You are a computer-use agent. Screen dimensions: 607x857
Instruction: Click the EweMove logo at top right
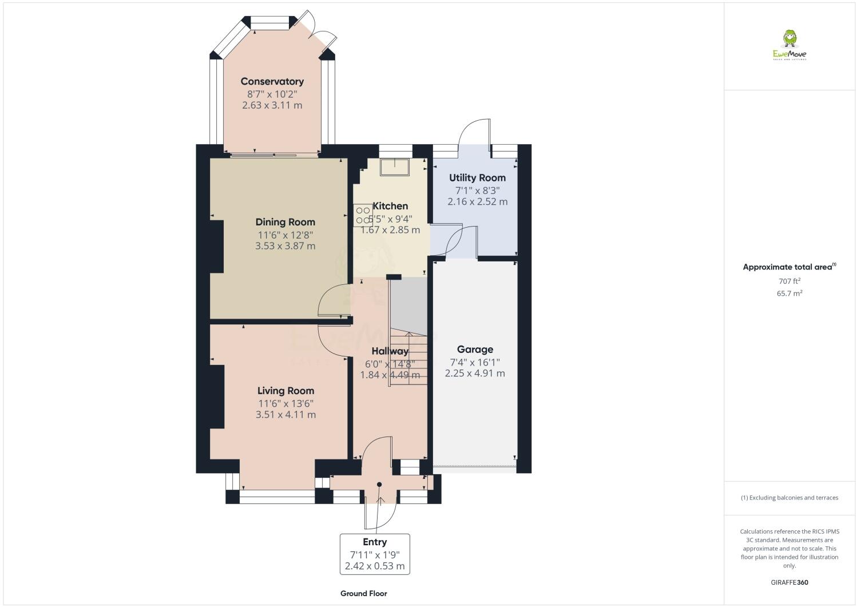789,46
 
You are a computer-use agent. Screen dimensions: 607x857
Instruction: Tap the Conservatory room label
272,81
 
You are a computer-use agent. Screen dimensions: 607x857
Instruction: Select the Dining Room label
285,222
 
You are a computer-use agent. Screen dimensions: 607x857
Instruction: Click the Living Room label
285,391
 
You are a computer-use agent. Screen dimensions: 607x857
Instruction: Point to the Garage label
475,350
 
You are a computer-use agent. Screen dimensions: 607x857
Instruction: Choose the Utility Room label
477,178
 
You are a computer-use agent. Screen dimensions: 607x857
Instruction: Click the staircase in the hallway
408,358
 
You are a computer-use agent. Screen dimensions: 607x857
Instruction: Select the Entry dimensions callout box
375,554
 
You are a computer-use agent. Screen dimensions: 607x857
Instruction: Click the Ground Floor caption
363,593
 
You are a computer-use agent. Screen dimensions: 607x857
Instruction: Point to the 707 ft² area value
789,281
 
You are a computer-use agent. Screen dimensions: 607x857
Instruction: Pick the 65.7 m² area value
789,293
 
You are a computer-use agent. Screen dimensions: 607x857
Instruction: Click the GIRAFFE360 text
789,582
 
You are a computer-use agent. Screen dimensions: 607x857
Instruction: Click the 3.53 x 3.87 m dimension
285,246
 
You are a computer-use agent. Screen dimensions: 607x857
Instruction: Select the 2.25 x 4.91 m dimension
475,374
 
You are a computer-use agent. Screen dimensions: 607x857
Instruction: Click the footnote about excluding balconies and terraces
789,498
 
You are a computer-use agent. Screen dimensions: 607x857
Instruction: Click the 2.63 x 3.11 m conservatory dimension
272,105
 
